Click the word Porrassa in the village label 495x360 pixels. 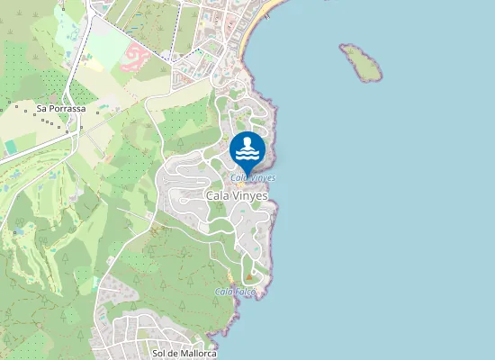(x=67, y=109)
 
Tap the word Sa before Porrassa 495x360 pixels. (x=41, y=109)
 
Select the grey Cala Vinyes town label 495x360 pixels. (x=238, y=194)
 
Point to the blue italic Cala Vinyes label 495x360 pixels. (x=253, y=178)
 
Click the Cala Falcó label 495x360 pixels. (x=236, y=292)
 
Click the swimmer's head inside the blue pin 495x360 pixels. (x=247, y=142)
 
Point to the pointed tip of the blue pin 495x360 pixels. (x=247, y=171)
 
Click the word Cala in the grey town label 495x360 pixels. (x=217, y=194)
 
